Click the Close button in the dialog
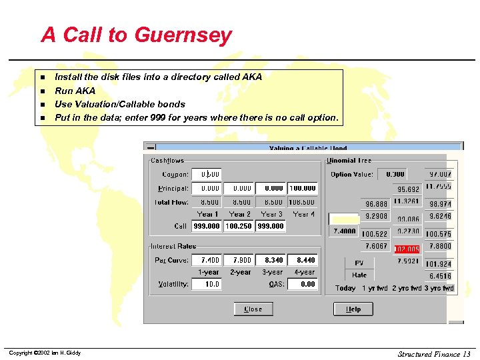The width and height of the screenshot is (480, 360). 253,309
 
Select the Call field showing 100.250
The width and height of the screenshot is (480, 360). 239,227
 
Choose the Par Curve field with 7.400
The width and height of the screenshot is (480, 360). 207,260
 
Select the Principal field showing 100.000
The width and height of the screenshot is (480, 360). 303,189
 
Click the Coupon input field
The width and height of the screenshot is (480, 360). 207,175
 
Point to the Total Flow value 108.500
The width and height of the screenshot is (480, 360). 303,202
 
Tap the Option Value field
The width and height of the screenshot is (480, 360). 392,174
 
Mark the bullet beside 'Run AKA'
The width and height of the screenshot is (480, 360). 41,91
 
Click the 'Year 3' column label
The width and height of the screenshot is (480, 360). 271,215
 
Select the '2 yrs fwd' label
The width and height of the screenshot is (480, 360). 406,289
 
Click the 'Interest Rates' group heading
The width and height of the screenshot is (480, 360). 173,246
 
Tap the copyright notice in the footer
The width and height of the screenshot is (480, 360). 44,353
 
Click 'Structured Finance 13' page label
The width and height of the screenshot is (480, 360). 434,353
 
